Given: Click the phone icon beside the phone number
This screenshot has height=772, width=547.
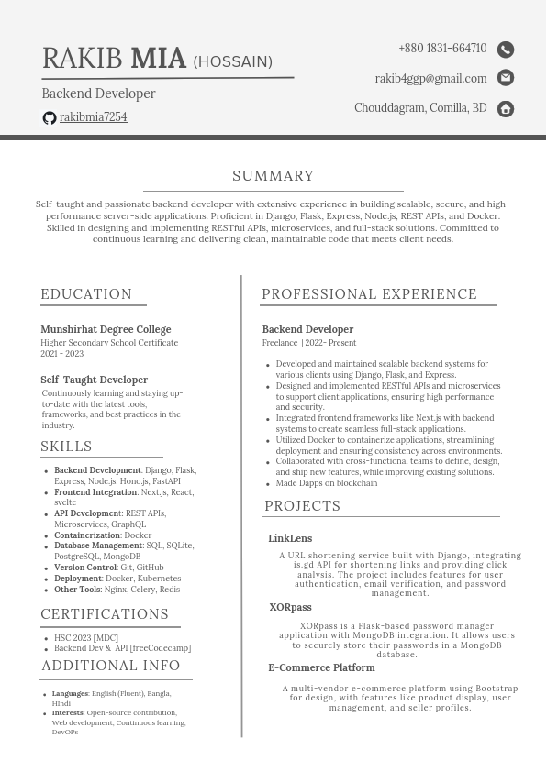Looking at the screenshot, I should (506, 50).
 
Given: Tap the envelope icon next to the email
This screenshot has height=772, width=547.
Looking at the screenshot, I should (506, 79).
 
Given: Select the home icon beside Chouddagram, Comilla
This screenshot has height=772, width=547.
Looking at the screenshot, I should (506, 109).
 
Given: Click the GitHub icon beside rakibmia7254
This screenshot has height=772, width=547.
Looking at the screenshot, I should (50, 118).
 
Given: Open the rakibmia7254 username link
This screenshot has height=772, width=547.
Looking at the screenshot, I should (94, 117).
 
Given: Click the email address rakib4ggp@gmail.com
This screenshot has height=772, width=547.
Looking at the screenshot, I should (430, 79).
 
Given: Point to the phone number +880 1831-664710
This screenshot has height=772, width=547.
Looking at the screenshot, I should (442, 49).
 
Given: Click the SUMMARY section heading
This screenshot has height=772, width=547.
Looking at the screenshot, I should (273, 176).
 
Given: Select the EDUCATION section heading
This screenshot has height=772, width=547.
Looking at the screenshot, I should (86, 294).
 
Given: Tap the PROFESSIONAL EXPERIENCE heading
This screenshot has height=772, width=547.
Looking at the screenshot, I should (369, 294).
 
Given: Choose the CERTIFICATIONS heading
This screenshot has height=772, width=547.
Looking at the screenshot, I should (105, 614).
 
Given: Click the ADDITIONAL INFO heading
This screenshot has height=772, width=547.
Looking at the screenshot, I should (111, 666).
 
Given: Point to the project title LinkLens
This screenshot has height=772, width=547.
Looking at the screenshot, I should (290, 538).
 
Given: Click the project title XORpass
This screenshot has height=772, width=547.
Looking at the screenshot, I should (290, 607).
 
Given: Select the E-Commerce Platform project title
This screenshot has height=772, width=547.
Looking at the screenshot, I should (321, 667).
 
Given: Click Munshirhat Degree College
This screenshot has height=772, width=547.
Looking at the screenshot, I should (106, 329).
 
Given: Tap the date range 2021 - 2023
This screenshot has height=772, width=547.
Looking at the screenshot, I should (61, 354).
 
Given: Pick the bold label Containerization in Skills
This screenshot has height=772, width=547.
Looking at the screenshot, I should (87, 535).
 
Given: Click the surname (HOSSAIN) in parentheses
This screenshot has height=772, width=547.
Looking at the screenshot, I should (232, 62).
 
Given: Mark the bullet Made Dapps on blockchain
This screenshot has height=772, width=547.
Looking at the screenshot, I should (327, 483).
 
